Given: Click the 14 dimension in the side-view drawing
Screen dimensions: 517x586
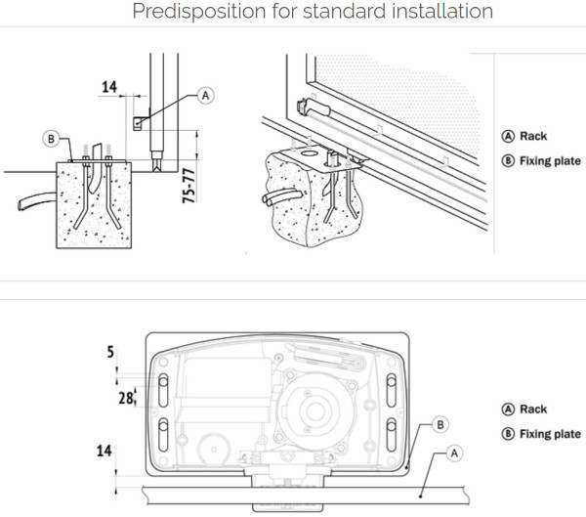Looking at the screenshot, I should click(109, 87).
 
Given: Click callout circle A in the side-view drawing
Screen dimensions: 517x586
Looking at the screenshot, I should click(204, 95).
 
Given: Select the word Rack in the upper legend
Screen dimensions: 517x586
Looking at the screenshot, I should click(533, 137).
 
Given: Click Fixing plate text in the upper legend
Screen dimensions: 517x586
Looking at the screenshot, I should click(550, 161).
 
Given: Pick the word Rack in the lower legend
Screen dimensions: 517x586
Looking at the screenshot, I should click(533, 409).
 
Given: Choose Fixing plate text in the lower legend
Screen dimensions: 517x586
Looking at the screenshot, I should click(550, 434).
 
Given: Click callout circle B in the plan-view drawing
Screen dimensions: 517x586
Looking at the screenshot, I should click(440, 424).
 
